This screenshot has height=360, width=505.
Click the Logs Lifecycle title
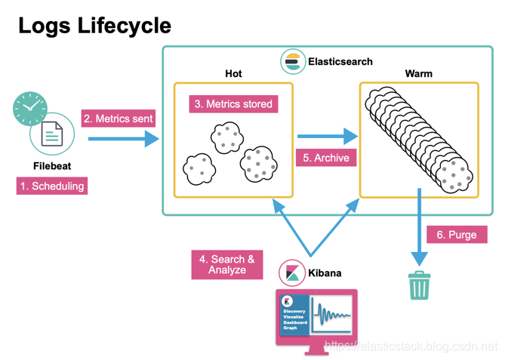click(x=94, y=25)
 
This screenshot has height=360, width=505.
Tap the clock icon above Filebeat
click(x=29, y=109)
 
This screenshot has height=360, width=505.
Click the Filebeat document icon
click(x=52, y=136)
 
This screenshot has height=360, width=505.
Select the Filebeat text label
click(x=52, y=165)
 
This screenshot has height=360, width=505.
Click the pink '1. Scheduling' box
click(x=52, y=186)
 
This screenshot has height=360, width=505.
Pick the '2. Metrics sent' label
click(x=118, y=118)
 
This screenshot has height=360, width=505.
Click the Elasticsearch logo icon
click(x=293, y=61)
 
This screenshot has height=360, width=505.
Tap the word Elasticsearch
click(x=340, y=61)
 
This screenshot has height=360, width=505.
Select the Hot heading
click(x=233, y=74)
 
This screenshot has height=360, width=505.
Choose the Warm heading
click(x=418, y=74)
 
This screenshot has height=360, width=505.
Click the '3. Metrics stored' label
click(x=233, y=103)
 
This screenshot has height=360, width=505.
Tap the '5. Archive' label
click(x=327, y=158)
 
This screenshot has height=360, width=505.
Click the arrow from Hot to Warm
click(x=327, y=137)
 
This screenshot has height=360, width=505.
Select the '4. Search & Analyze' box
click(x=226, y=264)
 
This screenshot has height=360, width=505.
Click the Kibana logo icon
click(x=292, y=272)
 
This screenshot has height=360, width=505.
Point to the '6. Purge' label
click(x=457, y=235)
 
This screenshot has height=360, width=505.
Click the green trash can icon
click(x=419, y=285)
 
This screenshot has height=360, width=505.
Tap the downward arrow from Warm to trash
click(x=419, y=226)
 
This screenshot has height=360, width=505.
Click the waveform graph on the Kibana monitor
click(x=331, y=314)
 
